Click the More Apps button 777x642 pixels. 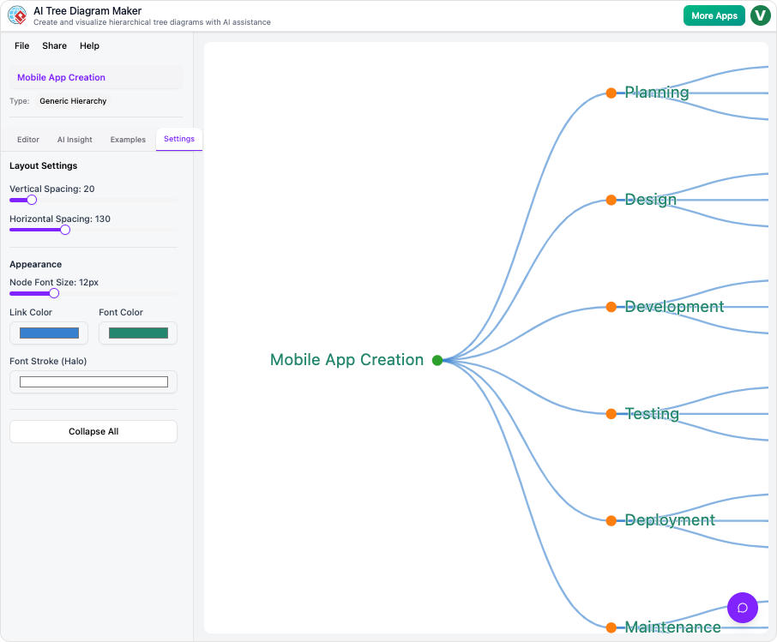click(714, 15)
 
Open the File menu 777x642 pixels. click(22, 46)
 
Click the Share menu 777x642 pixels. click(54, 46)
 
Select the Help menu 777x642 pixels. click(89, 46)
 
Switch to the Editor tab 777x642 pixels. click(28, 140)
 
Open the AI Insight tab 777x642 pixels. click(75, 140)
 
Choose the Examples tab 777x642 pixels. click(128, 140)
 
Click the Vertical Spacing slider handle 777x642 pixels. click(32, 200)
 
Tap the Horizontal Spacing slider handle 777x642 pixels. click(65, 230)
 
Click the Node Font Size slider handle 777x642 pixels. click(54, 293)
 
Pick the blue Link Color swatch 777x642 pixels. click(49, 333)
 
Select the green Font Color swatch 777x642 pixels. click(138, 333)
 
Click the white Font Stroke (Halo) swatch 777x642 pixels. click(93, 382)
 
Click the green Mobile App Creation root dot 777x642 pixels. click(437, 360)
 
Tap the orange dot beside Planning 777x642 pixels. click(611, 93)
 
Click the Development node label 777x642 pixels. click(674, 307)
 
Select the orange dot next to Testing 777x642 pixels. click(611, 414)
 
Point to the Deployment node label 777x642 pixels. click(670, 520)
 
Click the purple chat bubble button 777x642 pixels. click(743, 608)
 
